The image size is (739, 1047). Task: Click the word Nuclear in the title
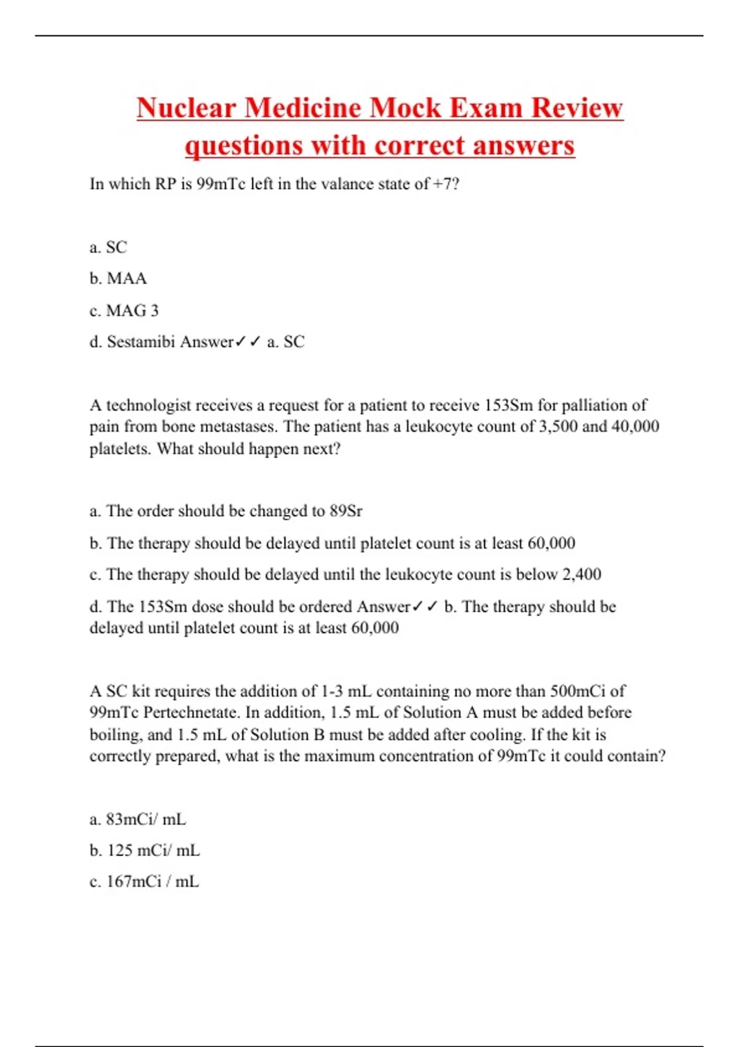(187, 108)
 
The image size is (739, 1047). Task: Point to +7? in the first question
(446, 184)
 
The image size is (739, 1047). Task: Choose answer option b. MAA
(118, 278)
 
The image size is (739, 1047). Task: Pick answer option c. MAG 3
(124, 310)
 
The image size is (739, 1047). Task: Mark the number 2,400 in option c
(581, 574)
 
